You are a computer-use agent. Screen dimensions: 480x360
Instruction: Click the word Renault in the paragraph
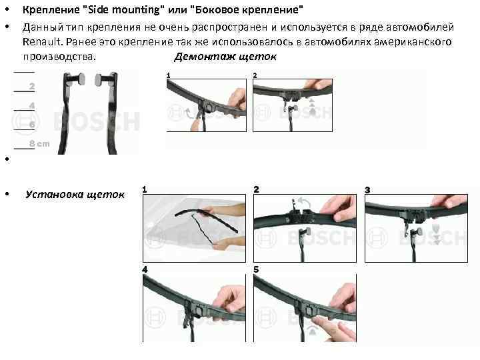click(x=42, y=41)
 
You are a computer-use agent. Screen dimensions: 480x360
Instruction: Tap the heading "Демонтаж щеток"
click(x=225, y=56)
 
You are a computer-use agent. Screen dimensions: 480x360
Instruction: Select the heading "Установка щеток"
click(x=75, y=195)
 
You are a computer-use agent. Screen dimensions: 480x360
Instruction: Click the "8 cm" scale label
click(x=39, y=143)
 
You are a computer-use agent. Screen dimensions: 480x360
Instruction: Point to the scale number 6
click(x=32, y=124)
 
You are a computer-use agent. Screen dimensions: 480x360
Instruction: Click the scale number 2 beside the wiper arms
click(x=32, y=87)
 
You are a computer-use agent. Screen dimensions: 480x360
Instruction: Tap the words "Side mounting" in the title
click(x=124, y=10)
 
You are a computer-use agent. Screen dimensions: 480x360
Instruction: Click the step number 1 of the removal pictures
click(x=169, y=75)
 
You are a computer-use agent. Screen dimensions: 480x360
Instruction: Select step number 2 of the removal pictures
click(x=255, y=75)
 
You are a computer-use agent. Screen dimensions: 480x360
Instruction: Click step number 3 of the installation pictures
click(x=367, y=190)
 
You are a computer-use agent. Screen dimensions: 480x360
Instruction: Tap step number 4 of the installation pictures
click(x=145, y=269)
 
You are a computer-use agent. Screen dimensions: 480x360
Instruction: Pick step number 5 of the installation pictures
click(x=256, y=269)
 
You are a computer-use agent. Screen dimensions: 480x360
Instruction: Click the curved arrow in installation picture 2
click(x=304, y=201)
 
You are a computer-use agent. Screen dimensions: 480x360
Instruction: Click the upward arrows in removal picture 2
click(x=312, y=106)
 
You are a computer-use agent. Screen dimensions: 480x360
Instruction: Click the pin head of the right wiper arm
click(x=99, y=79)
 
